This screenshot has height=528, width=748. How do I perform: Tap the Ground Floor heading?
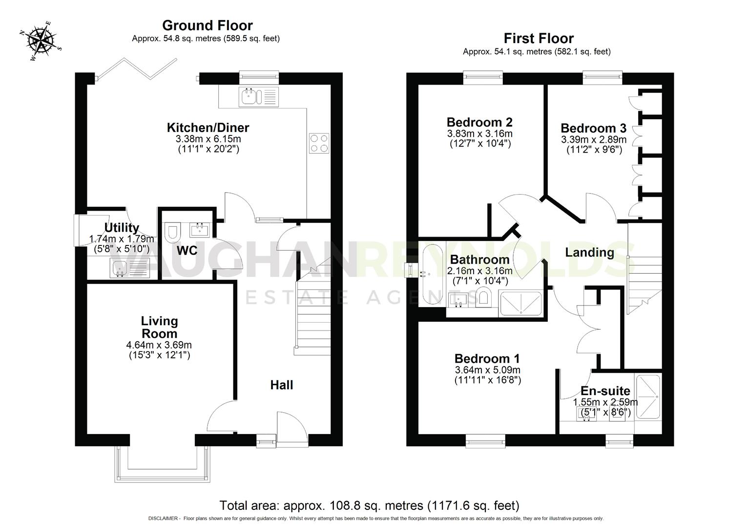click(208, 25)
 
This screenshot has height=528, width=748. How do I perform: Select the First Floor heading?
click(539, 38)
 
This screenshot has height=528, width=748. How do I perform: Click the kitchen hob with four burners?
click(319, 143)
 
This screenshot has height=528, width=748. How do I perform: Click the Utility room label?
click(122, 228)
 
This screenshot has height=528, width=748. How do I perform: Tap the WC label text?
click(187, 251)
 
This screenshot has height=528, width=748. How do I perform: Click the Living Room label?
click(159, 327)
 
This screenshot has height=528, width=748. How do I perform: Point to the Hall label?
click(282, 385)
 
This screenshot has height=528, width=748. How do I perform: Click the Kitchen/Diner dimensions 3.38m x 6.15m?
click(208, 139)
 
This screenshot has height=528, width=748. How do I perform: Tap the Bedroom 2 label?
click(479, 122)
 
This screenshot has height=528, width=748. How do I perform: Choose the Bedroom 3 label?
click(593, 128)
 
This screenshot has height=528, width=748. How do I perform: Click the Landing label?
click(589, 252)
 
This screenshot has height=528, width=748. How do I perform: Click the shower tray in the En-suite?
click(648, 397)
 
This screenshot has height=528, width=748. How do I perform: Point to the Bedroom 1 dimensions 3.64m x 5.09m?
click(487, 370)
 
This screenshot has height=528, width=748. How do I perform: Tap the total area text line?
click(369, 506)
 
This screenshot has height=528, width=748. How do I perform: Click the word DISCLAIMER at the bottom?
click(165, 519)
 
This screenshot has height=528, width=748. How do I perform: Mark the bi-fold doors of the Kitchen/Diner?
click(137, 69)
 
